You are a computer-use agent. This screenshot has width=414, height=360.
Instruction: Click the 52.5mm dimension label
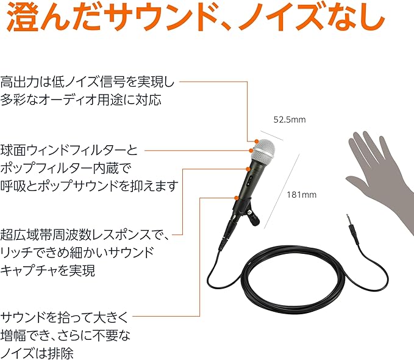point(288,120)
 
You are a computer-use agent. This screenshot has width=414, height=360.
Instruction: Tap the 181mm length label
point(301,195)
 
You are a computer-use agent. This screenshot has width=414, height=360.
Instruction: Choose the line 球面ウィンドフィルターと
point(70,149)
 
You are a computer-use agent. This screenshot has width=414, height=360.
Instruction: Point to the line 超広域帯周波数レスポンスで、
point(85,233)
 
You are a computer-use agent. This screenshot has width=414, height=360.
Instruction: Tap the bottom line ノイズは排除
point(37,353)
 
